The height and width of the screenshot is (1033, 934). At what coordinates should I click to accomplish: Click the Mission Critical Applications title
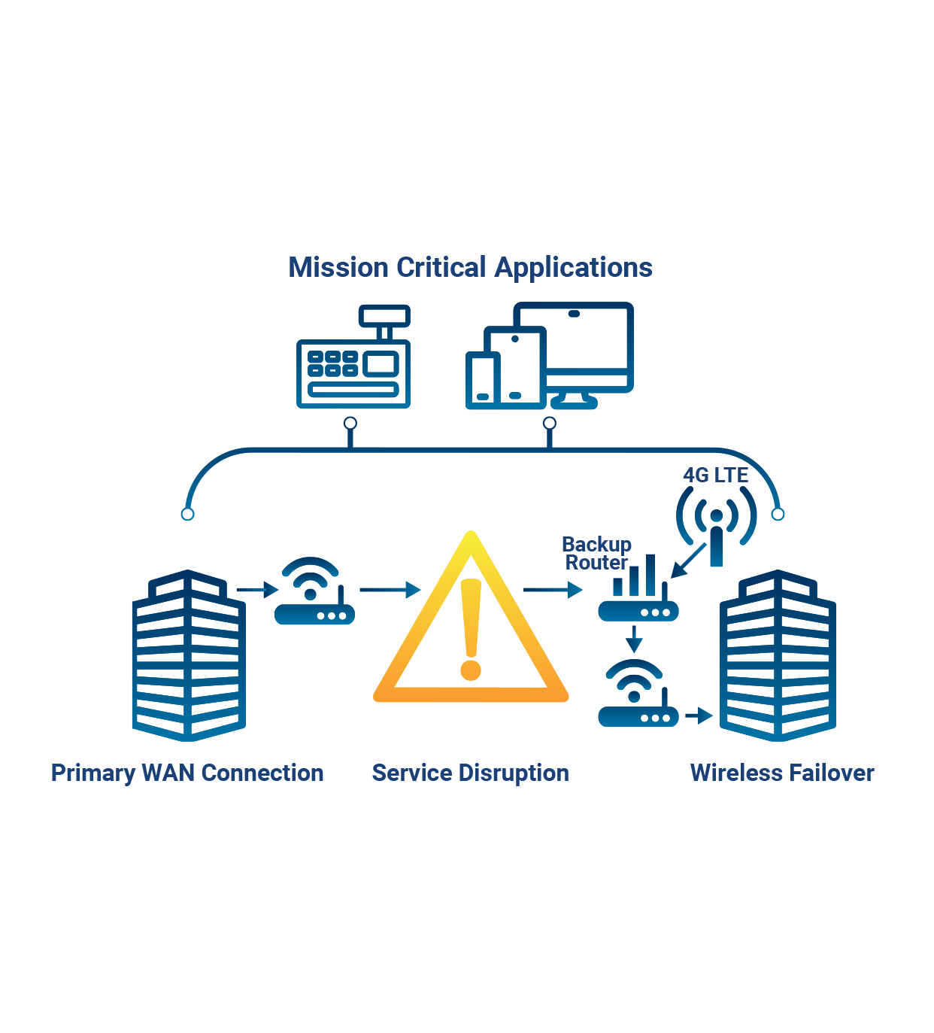[x=470, y=268]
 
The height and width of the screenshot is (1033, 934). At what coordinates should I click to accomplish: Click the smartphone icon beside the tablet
[x=482, y=380]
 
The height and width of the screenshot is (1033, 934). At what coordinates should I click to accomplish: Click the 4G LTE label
[x=715, y=475]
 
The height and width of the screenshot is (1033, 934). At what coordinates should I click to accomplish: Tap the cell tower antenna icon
[x=716, y=527]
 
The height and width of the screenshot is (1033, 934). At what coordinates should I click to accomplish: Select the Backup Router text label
[x=596, y=553]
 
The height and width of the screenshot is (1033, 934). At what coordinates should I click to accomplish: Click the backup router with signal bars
[x=638, y=594]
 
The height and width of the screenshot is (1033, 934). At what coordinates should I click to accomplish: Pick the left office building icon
[x=188, y=655]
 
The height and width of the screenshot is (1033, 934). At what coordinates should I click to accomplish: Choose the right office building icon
[x=778, y=655]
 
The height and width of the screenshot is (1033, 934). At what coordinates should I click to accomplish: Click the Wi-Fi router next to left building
[x=314, y=594]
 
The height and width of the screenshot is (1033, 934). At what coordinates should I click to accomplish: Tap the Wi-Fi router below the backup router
[x=638, y=696]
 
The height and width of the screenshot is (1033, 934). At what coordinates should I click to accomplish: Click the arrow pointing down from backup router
[x=635, y=640]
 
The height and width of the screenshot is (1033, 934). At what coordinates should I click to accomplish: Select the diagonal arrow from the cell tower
[x=688, y=561]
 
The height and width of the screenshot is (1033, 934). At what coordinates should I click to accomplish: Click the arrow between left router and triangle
[x=390, y=590]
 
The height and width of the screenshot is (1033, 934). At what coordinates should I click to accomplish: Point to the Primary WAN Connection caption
[x=187, y=773]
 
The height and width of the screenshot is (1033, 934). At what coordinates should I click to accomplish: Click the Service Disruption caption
[x=470, y=773]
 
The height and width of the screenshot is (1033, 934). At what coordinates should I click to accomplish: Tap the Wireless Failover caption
[x=781, y=773]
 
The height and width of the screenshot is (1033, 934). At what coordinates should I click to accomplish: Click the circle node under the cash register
[x=350, y=424]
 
